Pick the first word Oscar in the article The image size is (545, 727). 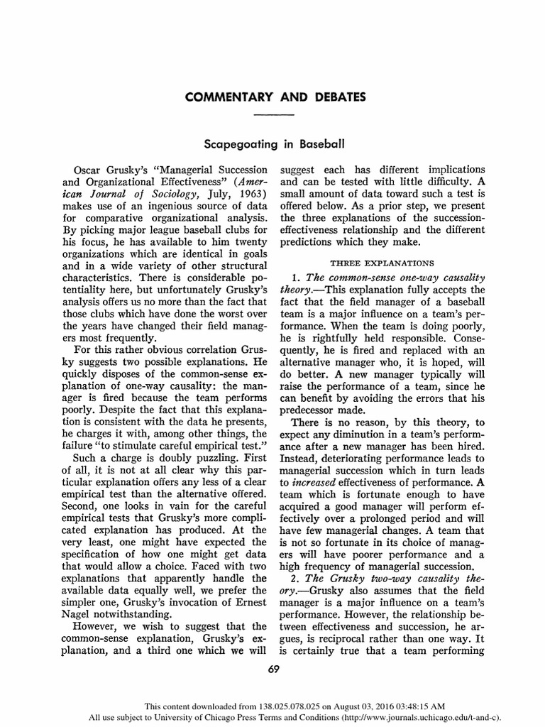pyautogui.click(x=89, y=170)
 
